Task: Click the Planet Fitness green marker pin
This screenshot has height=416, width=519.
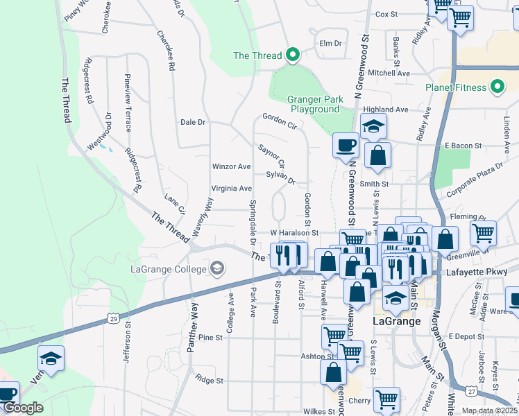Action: coord(497,87)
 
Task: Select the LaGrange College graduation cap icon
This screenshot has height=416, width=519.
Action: coord(217,269)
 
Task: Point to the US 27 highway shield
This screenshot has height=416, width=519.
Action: coord(471,392)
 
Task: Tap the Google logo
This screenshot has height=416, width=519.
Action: coord(22,408)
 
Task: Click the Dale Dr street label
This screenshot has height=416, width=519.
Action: coord(193,122)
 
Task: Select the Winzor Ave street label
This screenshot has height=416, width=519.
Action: coord(231,166)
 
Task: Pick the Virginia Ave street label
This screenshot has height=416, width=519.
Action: coord(231,188)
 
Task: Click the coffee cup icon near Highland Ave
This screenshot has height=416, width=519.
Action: coord(346,146)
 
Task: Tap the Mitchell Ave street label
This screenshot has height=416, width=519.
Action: coord(389,73)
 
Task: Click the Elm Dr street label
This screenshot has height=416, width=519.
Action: coord(330,43)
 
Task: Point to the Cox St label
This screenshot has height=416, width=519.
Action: coord(385,14)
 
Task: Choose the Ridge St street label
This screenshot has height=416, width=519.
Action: coord(209,380)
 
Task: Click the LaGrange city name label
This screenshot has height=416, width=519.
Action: coord(397,322)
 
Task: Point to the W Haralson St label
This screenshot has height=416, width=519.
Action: coord(293,233)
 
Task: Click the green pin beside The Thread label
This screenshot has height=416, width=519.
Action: coord(293,54)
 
